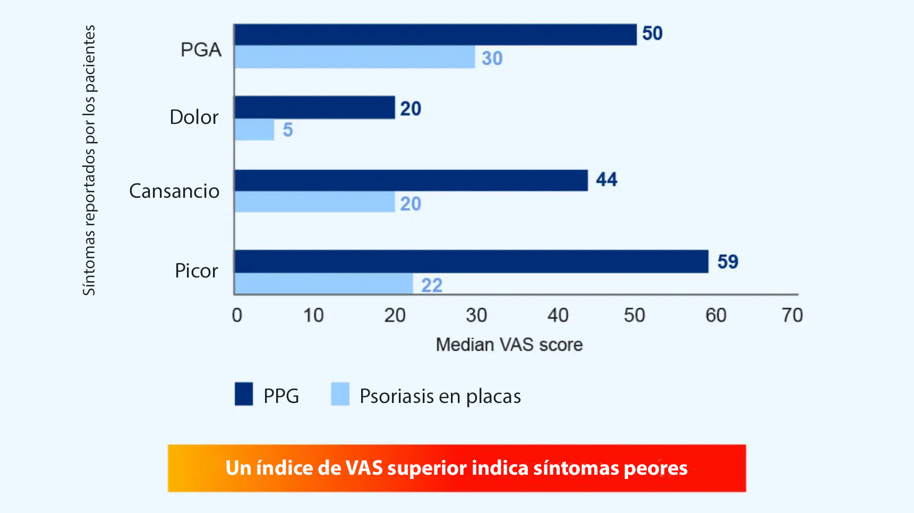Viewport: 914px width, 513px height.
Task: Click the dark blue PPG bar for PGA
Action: coord(435,35)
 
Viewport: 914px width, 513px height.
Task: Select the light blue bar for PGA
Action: coord(355,57)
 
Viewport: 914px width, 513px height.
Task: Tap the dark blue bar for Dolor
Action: coord(315,107)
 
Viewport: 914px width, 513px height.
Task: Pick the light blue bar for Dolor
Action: coord(254,130)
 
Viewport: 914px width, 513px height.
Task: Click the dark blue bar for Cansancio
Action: coord(411,180)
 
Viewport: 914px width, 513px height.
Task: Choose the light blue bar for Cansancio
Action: coord(315,202)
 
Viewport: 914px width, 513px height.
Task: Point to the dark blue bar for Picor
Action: coord(472,262)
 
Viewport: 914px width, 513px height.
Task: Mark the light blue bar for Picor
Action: coord(324,283)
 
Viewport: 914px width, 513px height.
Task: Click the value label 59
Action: coord(728,262)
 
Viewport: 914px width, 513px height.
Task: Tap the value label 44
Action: coord(607,180)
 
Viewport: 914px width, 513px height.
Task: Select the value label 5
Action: coord(288,130)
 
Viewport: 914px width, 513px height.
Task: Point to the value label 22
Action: coord(432,285)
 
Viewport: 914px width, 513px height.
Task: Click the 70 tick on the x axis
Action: coord(792,315)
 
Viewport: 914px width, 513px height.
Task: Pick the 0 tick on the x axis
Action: coord(237,315)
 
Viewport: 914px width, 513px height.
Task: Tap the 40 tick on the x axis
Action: coord(558,315)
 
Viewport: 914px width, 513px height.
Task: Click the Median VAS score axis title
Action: coord(509,344)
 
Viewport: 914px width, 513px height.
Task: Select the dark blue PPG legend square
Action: coord(244,394)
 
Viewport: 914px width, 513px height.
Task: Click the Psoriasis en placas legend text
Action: coord(440,396)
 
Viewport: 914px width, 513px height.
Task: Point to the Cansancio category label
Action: coord(174,191)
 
